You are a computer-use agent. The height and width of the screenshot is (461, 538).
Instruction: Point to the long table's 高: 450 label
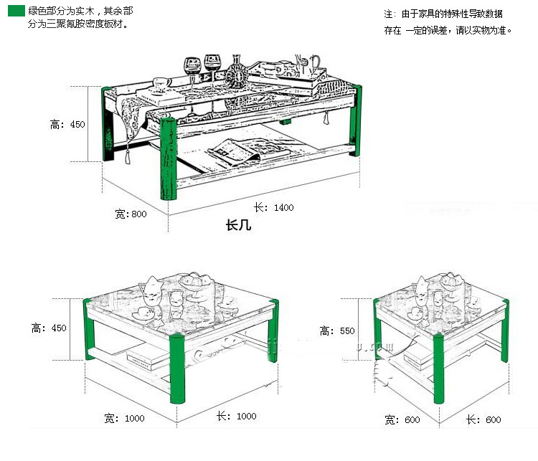coord(67,124)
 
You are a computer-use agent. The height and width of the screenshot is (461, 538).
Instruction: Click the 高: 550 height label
coord(337,331)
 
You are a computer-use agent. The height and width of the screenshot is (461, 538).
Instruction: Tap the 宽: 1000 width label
coord(124,419)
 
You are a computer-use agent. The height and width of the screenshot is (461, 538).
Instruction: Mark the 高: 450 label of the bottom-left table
coord(49,328)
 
